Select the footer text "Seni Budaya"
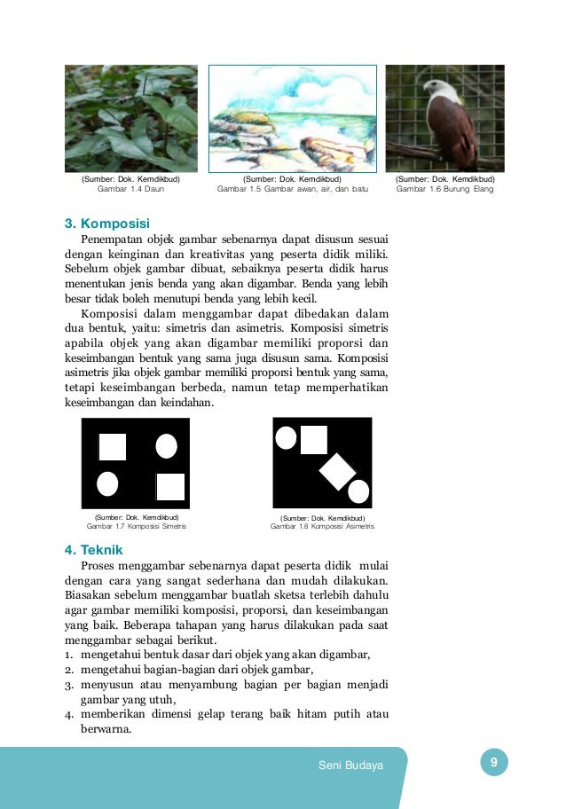point(350,766)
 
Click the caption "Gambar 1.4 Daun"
point(130,189)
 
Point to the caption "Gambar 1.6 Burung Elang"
point(444,189)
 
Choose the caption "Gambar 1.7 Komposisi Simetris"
point(137,526)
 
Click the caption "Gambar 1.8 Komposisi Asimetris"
point(323,526)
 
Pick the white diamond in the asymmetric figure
point(337,470)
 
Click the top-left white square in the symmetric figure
point(112,446)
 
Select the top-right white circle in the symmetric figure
point(166,445)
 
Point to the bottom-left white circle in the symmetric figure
point(107,484)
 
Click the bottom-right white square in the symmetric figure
point(170,487)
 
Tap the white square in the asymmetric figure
point(314,439)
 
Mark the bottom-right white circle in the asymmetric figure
point(358,491)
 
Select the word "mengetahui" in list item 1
point(109,656)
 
